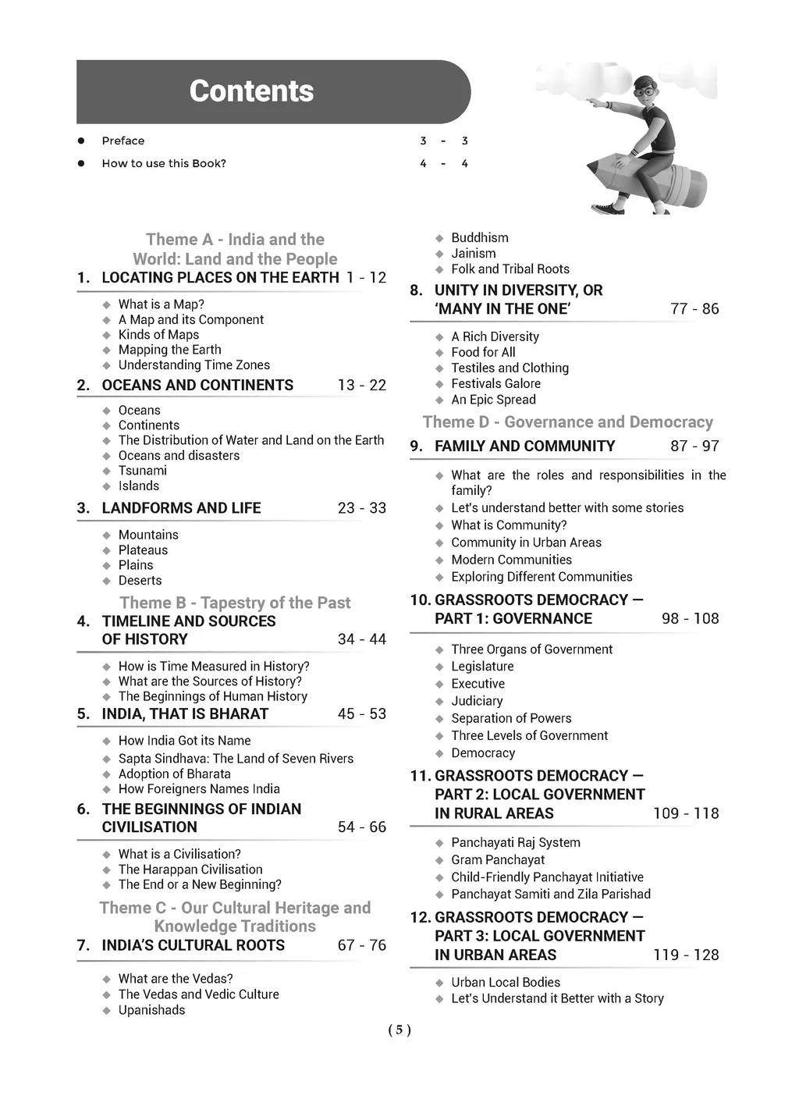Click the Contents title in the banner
click(251, 91)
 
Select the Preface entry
click(123, 140)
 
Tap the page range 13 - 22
click(361, 385)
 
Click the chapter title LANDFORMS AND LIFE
click(181, 508)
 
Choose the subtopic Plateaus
click(143, 550)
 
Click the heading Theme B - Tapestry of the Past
click(235, 603)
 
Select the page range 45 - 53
click(361, 713)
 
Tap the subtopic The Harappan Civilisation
click(190, 870)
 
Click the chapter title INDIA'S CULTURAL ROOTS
click(193, 945)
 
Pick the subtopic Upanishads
click(151, 1010)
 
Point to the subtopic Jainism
click(473, 253)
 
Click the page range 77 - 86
click(694, 308)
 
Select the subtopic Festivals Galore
click(495, 383)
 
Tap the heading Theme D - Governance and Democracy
click(567, 422)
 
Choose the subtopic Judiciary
click(477, 701)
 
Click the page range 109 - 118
click(686, 813)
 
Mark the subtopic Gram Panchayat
click(498, 859)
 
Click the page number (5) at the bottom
click(399, 1030)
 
